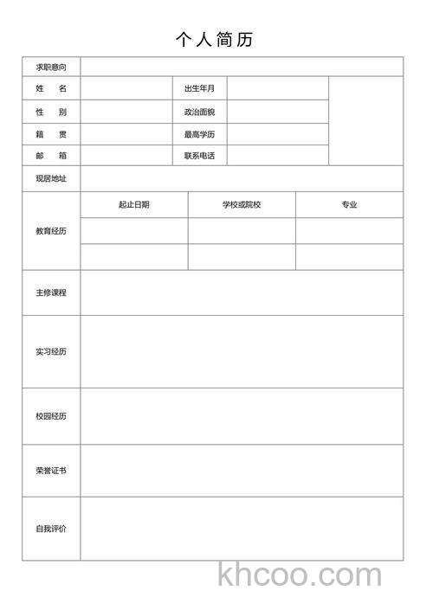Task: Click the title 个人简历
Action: coord(214,40)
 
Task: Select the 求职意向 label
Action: coord(51,67)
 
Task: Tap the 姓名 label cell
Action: coord(51,89)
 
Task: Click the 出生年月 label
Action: coord(199,89)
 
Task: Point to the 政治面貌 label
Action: coord(199,112)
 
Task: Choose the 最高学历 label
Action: coord(199,135)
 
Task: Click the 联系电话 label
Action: coord(199,156)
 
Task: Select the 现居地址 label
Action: coord(51,179)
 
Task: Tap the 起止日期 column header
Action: coord(134,205)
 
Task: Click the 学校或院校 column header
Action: coord(242,205)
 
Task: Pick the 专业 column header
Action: coord(349,205)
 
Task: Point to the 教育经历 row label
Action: coord(51,231)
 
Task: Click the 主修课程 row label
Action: coord(51,292)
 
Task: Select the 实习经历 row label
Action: coord(51,352)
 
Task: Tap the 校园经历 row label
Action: coord(51,416)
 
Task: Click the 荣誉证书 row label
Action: coord(51,471)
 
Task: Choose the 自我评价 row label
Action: coord(51,529)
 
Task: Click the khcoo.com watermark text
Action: coord(300,575)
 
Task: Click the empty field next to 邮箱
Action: coord(126,156)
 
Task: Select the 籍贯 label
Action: coord(51,135)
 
